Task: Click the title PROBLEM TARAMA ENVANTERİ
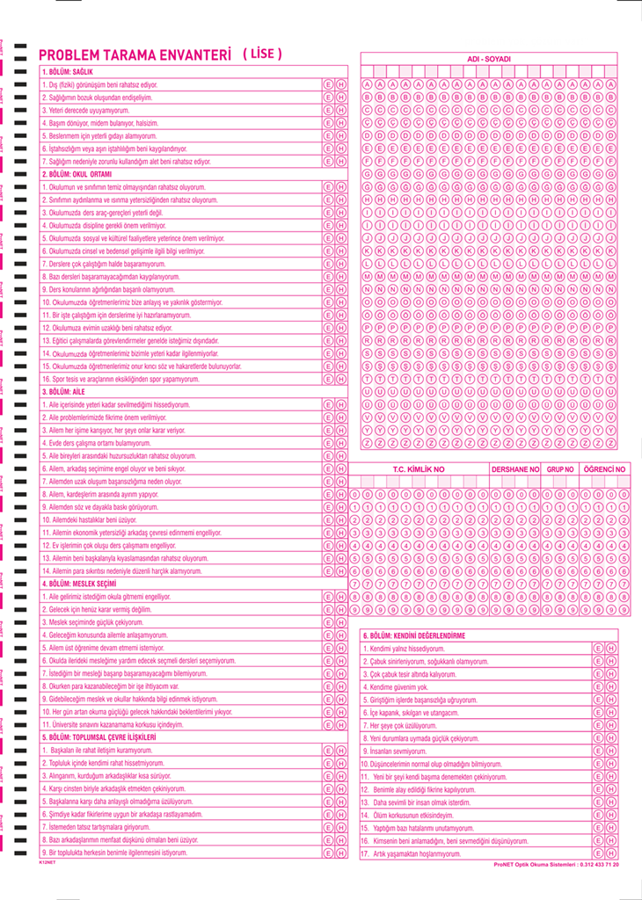pos(135,54)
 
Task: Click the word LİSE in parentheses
pos(262,54)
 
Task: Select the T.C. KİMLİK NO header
pos(419,469)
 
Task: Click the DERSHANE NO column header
pos(515,469)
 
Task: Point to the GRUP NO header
pos(560,469)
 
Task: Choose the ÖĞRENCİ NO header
pos(605,469)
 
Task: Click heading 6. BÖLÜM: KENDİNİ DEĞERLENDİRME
pos(413,635)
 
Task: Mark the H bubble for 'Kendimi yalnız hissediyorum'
pos(610,648)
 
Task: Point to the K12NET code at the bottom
pos(47,863)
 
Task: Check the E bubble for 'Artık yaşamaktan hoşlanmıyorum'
pos(598,853)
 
